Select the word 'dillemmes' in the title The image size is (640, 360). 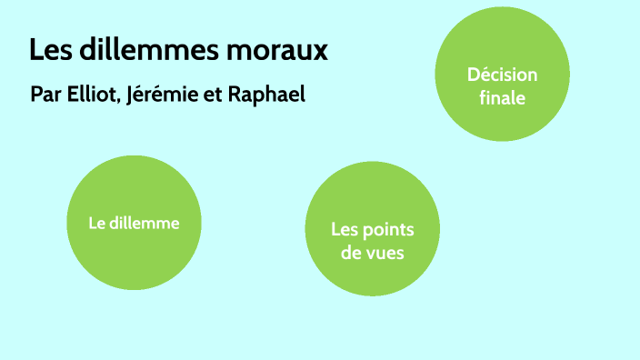click(x=133, y=51)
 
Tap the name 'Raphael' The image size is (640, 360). click(x=265, y=95)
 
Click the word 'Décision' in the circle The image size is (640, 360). click(x=502, y=75)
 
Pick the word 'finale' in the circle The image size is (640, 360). click(x=502, y=97)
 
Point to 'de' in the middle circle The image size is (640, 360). click(x=352, y=254)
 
